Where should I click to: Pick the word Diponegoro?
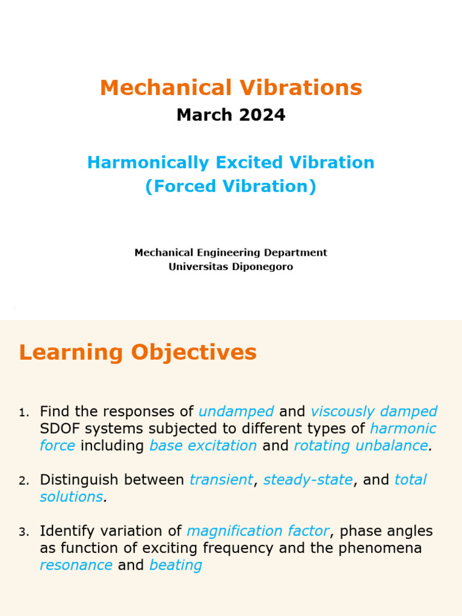(x=262, y=266)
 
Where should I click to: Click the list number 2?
(x=23, y=481)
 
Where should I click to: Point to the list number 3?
(x=23, y=532)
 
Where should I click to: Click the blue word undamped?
(x=236, y=411)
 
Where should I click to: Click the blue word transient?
(x=221, y=479)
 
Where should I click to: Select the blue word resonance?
(x=76, y=565)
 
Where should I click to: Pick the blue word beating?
(x=176, y=565)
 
